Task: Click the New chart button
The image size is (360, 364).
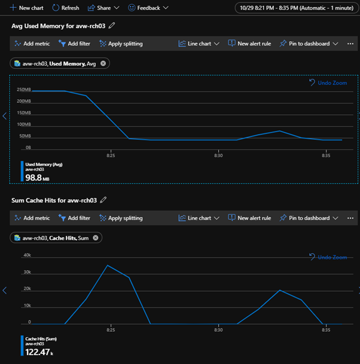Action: (28, 8)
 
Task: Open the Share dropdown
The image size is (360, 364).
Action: (103, 8)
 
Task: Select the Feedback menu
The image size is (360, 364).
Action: (148, 8)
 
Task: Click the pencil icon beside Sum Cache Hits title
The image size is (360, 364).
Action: (103, 200)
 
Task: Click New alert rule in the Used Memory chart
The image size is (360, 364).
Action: (249, 44)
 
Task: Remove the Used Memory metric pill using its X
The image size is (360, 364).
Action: (103, 63)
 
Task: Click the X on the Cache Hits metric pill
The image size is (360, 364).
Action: (95, 238)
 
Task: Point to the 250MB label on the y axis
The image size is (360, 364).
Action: (24, 90)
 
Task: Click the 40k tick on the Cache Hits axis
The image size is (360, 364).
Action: (26, 255)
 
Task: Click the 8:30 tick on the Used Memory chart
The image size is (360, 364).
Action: (218, 155)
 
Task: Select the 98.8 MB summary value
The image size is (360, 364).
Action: (36, 178)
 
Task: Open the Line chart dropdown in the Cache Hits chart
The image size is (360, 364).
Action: (199, 218)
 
